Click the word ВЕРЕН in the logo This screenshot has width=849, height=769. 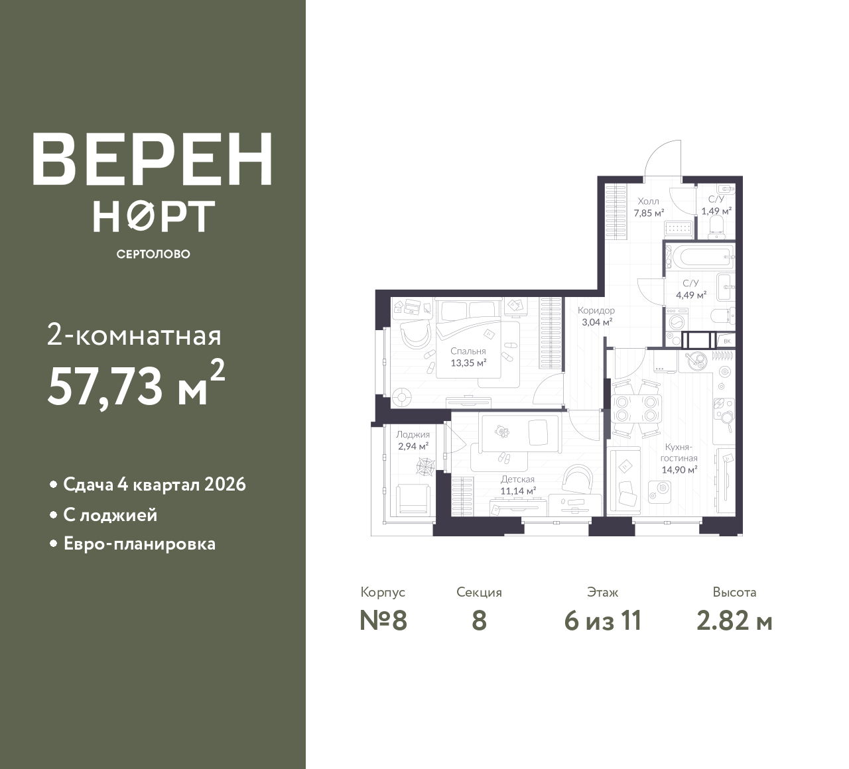pos(153,159)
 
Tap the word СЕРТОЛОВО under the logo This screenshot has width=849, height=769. pos(153,254)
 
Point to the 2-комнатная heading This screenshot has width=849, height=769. pos(134,336)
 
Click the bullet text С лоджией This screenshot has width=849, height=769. pos(111,515)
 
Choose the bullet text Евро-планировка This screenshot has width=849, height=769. pos(140,544)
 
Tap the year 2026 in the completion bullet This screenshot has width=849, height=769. pos(225,485)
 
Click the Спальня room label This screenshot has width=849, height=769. pos(468,351)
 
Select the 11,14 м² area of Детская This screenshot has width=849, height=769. pos(518,491)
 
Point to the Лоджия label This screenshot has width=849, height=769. pos(413,434)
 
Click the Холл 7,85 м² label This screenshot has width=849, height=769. pos(649,207)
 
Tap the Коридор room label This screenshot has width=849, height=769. pos(596,310)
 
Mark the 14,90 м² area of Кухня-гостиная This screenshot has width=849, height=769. pos(679,469)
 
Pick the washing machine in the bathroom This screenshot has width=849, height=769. pos(677,320)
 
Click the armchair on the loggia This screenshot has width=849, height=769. pos(413,500)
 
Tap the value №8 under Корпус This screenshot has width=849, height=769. pos(383,621)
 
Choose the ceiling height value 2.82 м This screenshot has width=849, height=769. pos(734,621)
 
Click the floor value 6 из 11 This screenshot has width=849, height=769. pos(603,621)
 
